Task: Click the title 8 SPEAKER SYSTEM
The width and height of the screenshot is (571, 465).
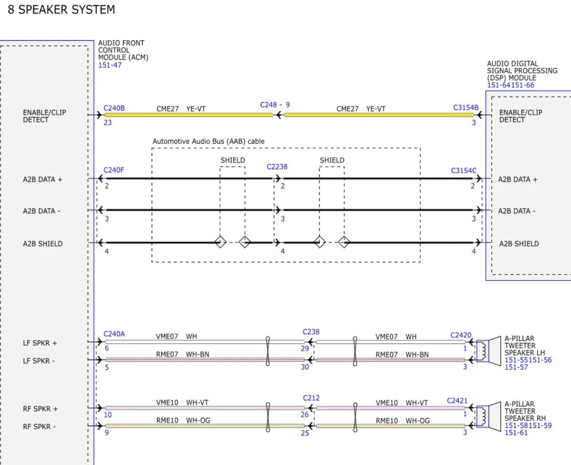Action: point(61,9)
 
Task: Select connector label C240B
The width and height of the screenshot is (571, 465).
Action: point(114,108)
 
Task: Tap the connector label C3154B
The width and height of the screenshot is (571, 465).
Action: point(465,108)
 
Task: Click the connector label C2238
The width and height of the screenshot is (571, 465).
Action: point(277,166)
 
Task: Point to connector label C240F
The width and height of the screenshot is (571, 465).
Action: point(114,170)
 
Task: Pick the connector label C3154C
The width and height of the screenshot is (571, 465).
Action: point(464,171)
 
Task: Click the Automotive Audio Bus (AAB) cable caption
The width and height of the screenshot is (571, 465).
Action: point(208,141)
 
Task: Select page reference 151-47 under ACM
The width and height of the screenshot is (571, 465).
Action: point(110,65)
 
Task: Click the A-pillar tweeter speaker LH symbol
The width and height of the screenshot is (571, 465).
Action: point(483,350)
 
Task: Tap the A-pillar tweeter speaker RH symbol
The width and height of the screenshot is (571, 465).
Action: point(483,416)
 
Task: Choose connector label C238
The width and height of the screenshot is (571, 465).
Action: point(311,332)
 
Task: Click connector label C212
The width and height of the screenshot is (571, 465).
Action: point(311,398)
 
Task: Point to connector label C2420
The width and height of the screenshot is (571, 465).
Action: point(461,335)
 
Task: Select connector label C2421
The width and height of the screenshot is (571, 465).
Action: point(457,401)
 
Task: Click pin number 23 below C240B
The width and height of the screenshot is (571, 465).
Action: point(108,123)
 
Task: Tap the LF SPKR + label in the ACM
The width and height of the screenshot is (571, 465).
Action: point(40,343)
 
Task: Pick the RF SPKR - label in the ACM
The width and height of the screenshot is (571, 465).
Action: point(39,427)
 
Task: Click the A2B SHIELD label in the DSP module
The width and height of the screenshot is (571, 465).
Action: point(519,244)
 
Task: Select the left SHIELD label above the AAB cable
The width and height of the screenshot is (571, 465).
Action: point(233,160)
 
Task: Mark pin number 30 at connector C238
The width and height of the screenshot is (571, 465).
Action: point(305,367)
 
